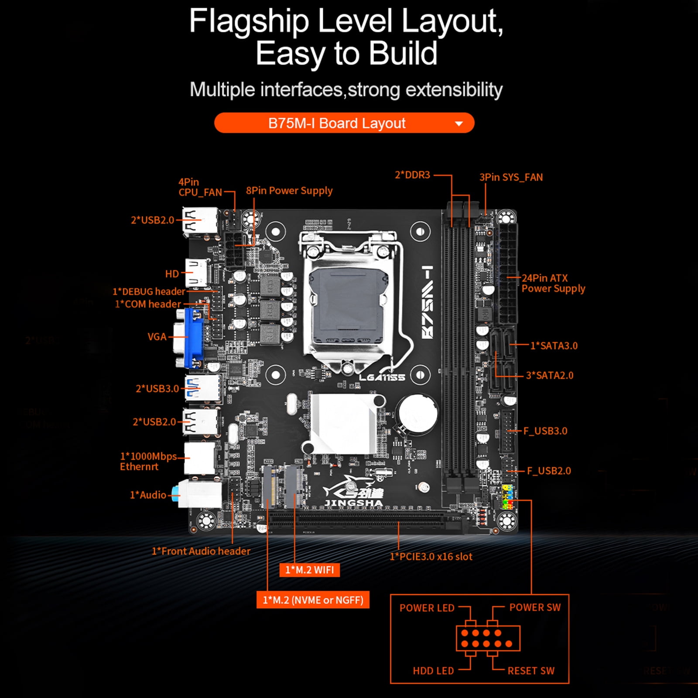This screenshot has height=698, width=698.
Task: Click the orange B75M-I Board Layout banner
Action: click(344, 123)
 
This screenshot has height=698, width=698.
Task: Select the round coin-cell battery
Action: click(417, 414)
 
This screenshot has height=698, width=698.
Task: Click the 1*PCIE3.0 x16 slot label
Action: click(431, 557)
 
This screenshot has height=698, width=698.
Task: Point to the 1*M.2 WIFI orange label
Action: click(309, 570)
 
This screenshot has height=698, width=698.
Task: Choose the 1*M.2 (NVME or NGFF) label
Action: click(313, 600)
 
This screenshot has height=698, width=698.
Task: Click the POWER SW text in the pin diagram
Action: click(535, 607)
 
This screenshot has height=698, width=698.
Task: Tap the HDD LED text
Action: click(433, 671)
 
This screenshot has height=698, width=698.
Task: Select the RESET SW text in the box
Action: click(531, 671)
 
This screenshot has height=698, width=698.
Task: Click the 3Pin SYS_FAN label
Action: click(511, 177)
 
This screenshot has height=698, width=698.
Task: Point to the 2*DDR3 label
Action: click(412, 175)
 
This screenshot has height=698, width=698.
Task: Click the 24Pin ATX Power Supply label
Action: click(553, 283)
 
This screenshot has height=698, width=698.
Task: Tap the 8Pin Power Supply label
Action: click(289, 191)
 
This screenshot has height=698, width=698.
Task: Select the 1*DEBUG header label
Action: click(149, 291)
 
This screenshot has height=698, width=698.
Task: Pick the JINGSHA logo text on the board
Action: click(353, 503)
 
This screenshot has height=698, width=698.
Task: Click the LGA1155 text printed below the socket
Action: click(382, 377)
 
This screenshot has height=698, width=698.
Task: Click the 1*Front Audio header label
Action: click(201, 551)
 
